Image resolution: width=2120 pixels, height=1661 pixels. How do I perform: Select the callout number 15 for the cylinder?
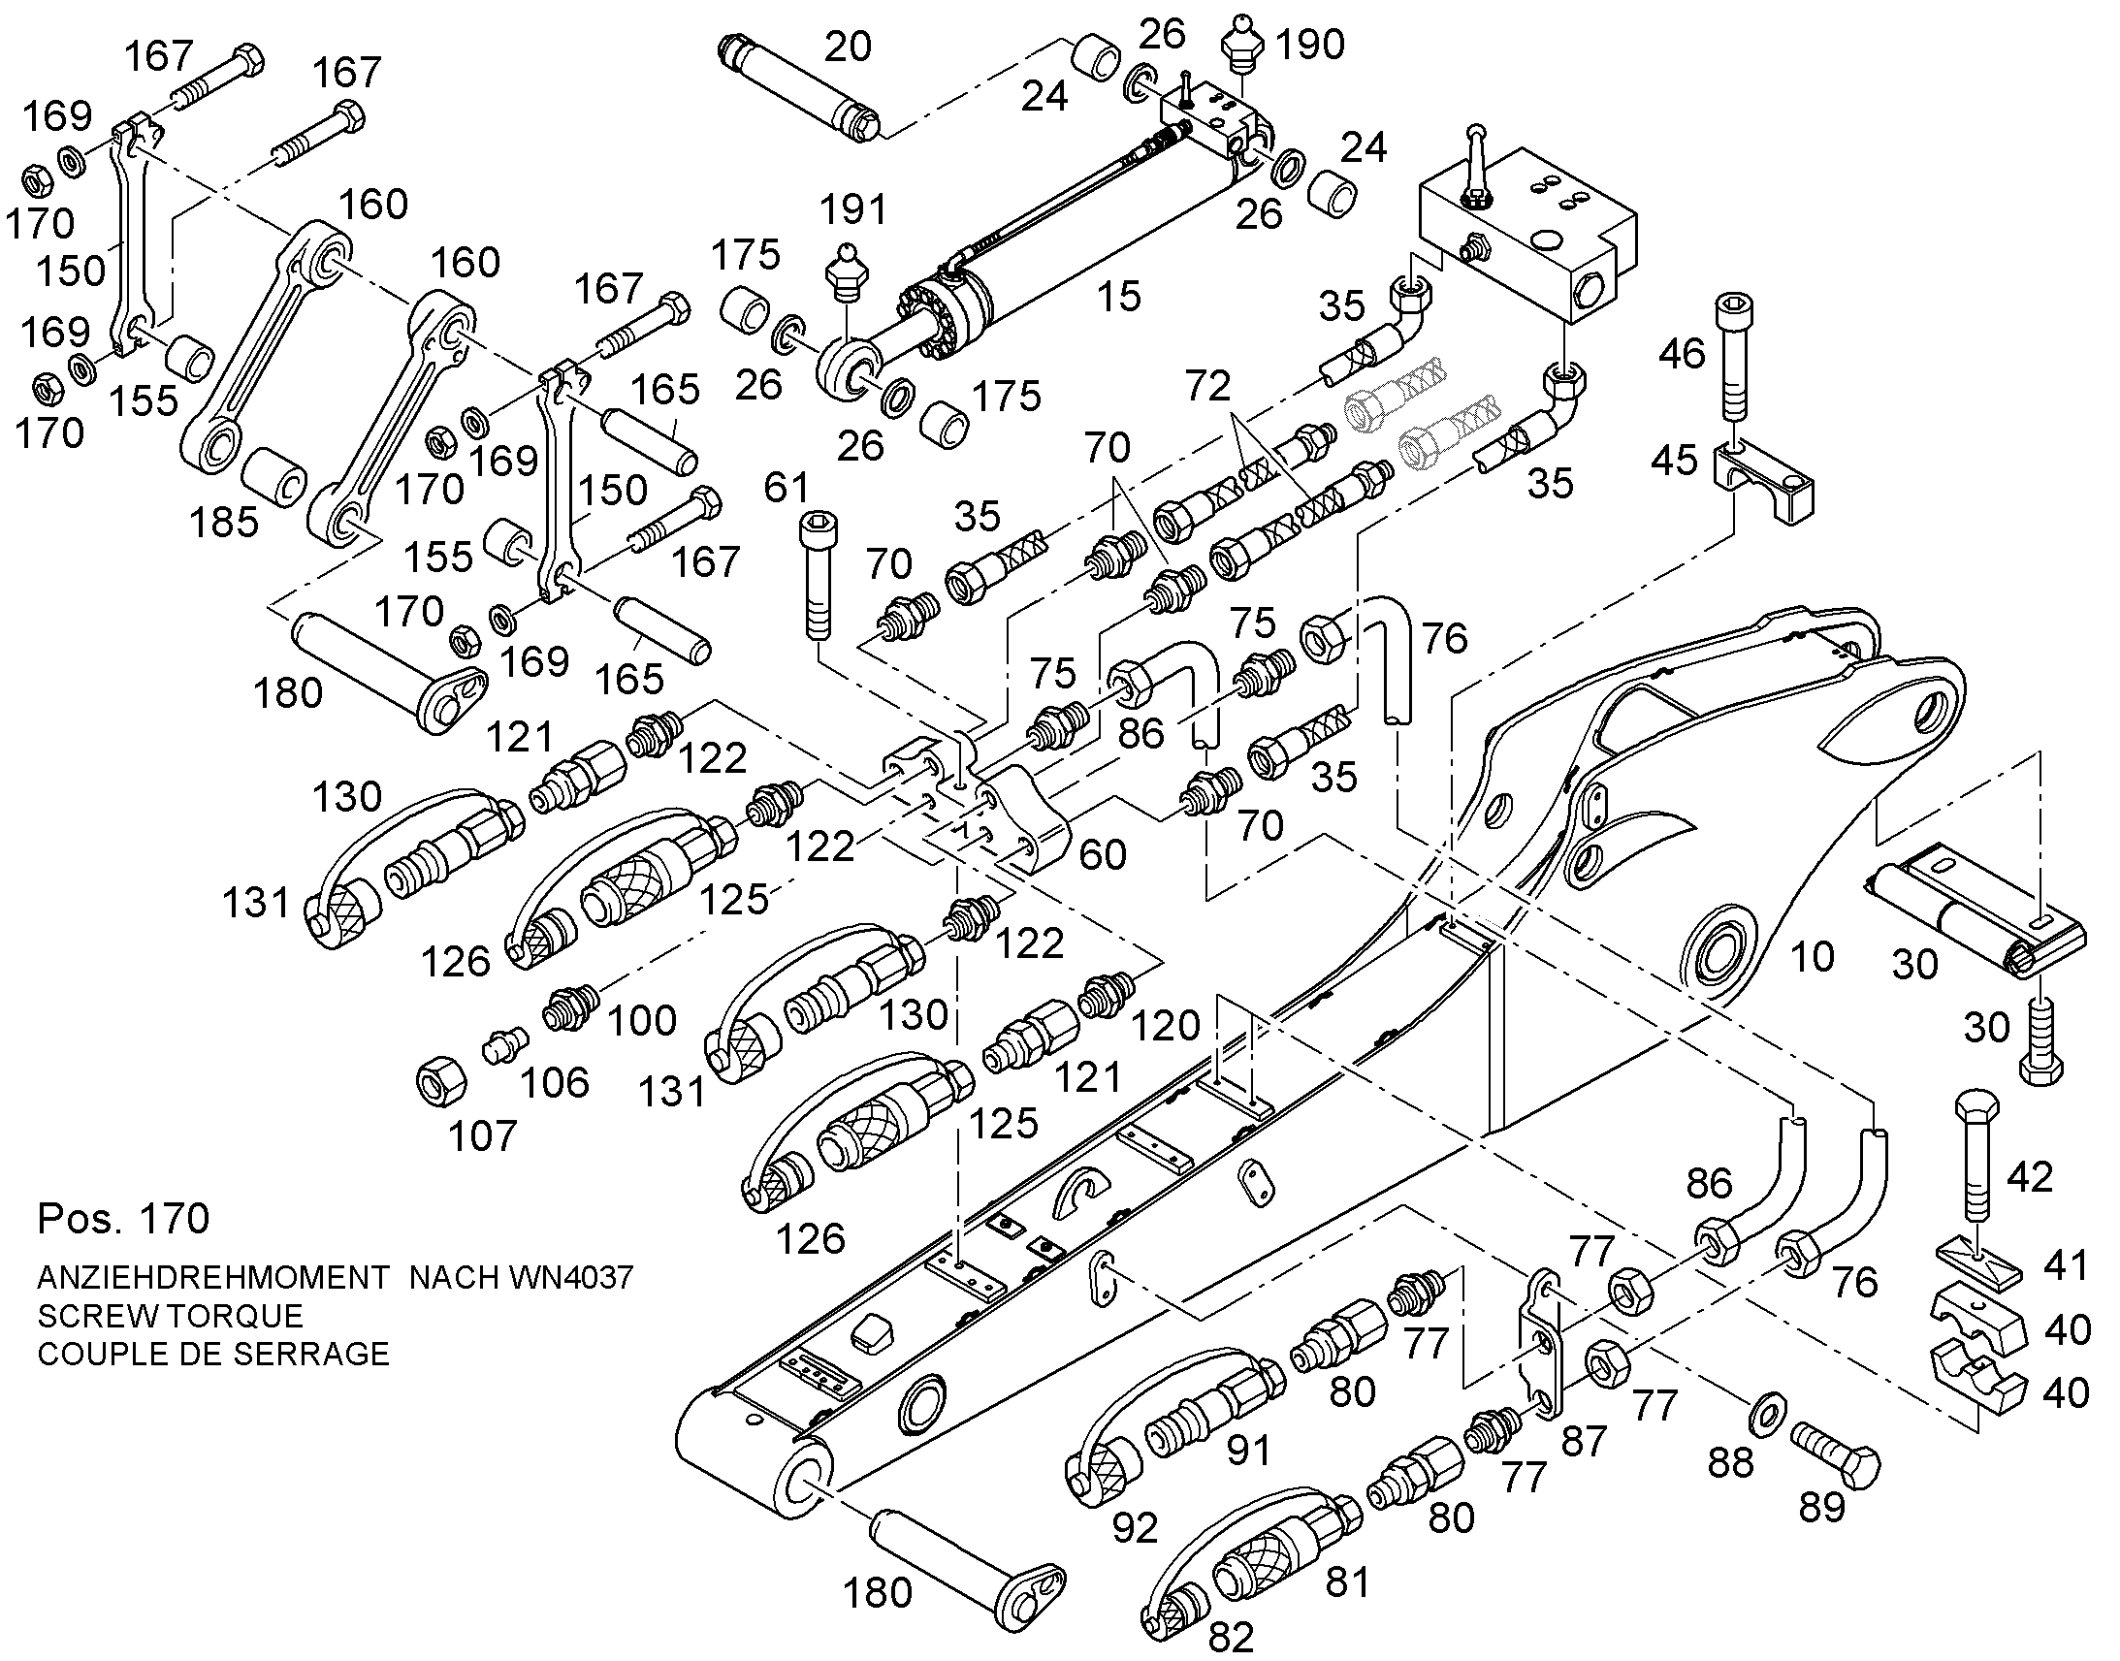pos(1118,297)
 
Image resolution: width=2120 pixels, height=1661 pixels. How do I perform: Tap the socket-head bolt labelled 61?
pos(818,576)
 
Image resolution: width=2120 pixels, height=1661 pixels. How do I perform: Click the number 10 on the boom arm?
pos(1812,957)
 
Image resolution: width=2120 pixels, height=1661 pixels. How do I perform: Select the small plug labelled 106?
pos(504,1045)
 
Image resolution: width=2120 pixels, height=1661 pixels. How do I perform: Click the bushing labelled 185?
pos(274,476)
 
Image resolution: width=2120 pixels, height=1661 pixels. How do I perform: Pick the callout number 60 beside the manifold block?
pos(1103,855)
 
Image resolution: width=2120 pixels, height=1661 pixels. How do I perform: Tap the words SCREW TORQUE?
pos(170,1315)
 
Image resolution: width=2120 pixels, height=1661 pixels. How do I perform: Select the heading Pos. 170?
pos(123,1218)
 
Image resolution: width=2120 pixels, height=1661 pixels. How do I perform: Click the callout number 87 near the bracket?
pos(1584,1441)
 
